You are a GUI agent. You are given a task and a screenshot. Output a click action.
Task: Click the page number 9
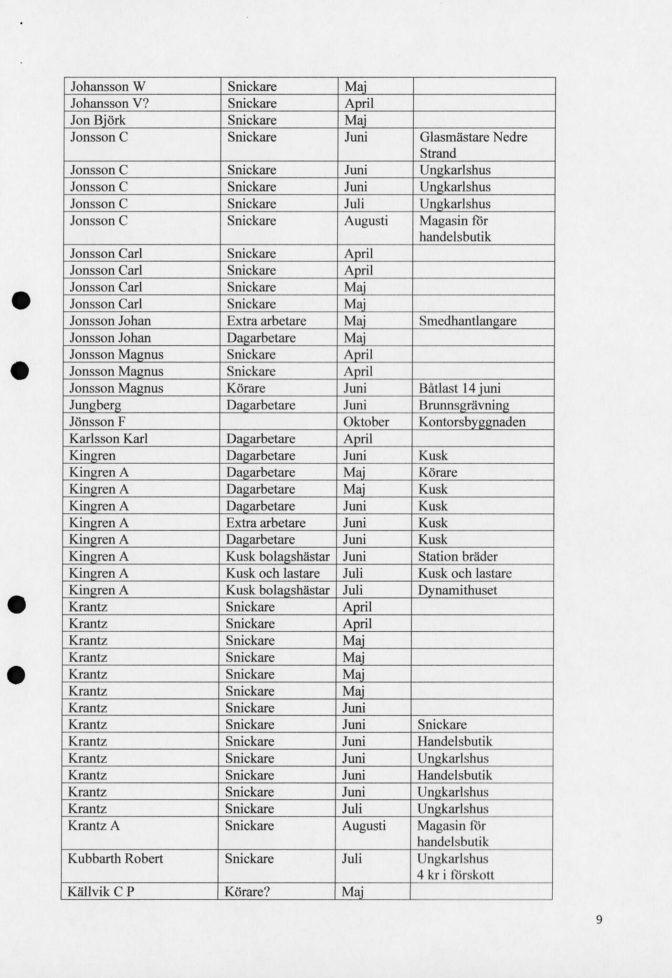point(599,919)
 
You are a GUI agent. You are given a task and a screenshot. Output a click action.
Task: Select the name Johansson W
point(108,86)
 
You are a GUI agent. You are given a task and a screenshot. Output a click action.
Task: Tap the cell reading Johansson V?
point(110,103)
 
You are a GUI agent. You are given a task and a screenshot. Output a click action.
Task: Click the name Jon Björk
point(98,120)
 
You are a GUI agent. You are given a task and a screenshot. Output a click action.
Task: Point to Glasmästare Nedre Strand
point(473,145)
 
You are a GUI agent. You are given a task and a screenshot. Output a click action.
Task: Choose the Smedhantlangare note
point(468,321)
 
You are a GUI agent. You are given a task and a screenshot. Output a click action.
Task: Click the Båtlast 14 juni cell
point(459,388)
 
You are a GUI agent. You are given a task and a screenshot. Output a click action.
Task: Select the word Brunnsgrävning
point(464,405)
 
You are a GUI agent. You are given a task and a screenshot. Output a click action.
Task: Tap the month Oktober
point(366,422)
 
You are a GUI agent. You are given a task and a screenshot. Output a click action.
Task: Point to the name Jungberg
point(95,405)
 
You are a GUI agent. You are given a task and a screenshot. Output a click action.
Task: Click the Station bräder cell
point(458,557)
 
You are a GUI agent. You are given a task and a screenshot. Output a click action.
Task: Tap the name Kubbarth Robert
point(115,859)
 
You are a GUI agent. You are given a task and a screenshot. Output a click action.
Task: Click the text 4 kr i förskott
point(455,875)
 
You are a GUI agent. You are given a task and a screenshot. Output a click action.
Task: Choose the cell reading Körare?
point(248,892)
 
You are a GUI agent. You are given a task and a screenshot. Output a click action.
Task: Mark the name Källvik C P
point(101,892)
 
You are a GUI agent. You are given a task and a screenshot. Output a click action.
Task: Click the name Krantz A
point(94,825)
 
